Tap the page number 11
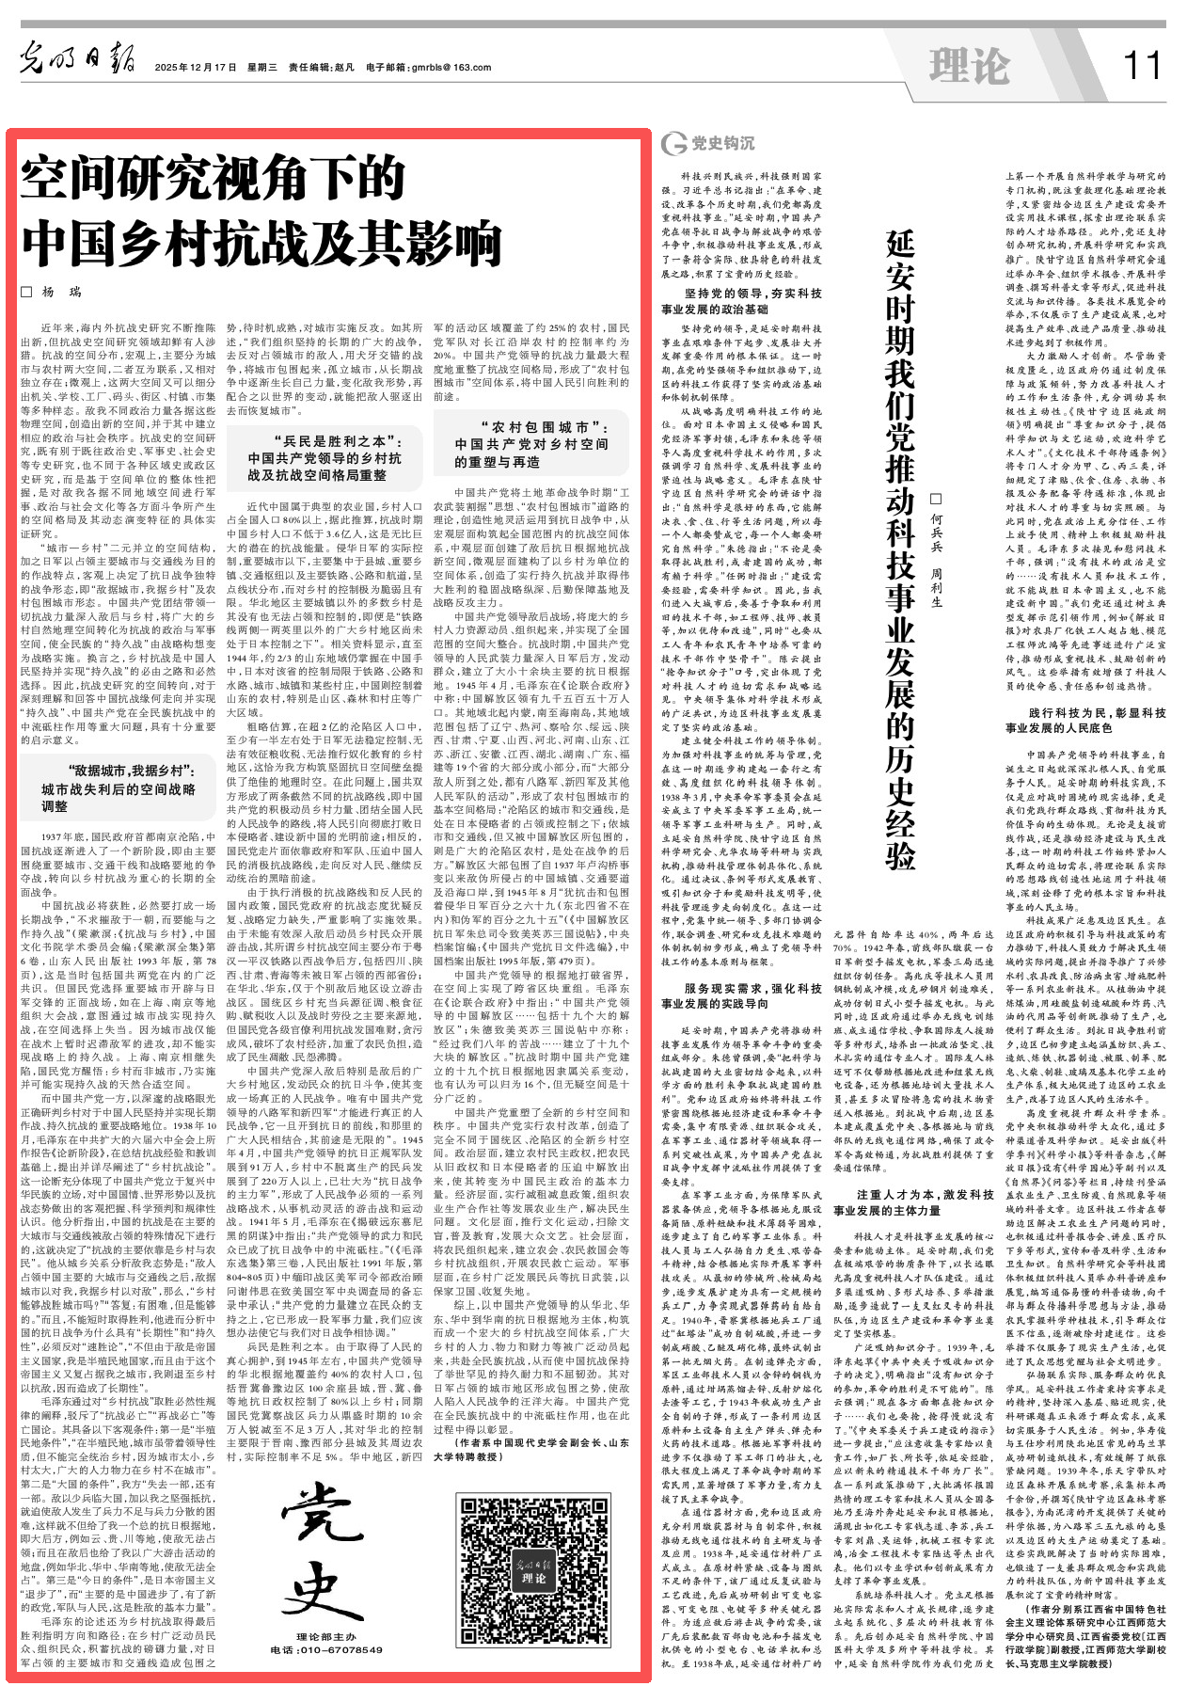coord(1142,65)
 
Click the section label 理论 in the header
coord(969,65)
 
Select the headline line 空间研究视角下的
coord(214,180)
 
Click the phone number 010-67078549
coord(326,1649)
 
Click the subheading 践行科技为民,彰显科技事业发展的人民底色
coord(1084,720)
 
